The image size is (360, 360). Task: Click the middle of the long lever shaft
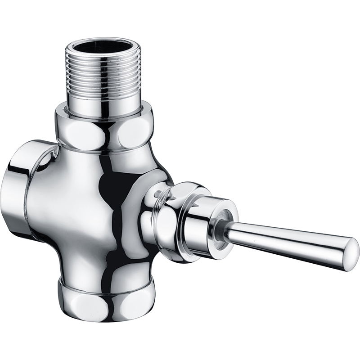pyautogui.click(x=288, y=241)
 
